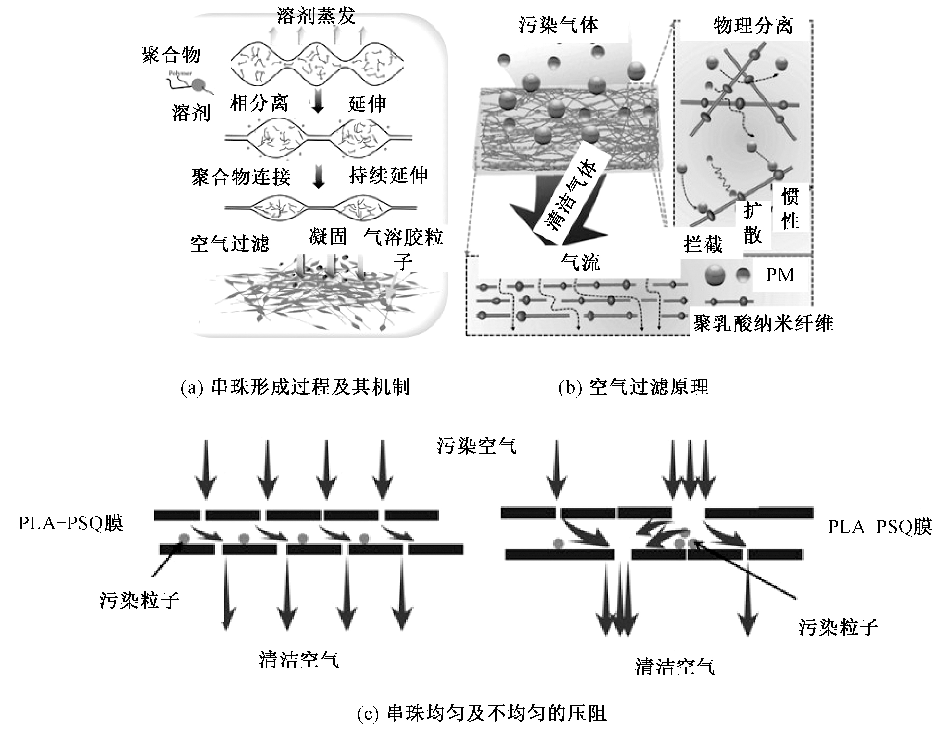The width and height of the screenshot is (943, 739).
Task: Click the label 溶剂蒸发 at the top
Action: click(x=316, y=16)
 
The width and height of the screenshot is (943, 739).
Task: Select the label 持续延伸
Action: click(x=388, y=175)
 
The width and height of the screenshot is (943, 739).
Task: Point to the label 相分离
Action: click(x=258, y=103)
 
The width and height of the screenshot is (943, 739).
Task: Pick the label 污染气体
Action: click(x=558, y=25)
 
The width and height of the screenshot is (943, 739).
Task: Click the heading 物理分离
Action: click(x=753, y=26)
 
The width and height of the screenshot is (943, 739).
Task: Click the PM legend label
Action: click(x=780, y=275)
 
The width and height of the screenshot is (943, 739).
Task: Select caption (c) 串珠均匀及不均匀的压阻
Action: click(x=482, y=713)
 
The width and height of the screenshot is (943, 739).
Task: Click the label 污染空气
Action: click(x=476, y=446)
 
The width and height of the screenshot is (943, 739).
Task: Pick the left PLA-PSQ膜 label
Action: click(x=71, y=523)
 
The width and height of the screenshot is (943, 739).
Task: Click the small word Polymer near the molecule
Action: click(x=180, y=74)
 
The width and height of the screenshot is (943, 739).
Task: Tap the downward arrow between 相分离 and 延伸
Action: click(x=318, y=104)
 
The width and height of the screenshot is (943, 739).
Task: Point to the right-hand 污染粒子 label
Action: click(x=838, y=627)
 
